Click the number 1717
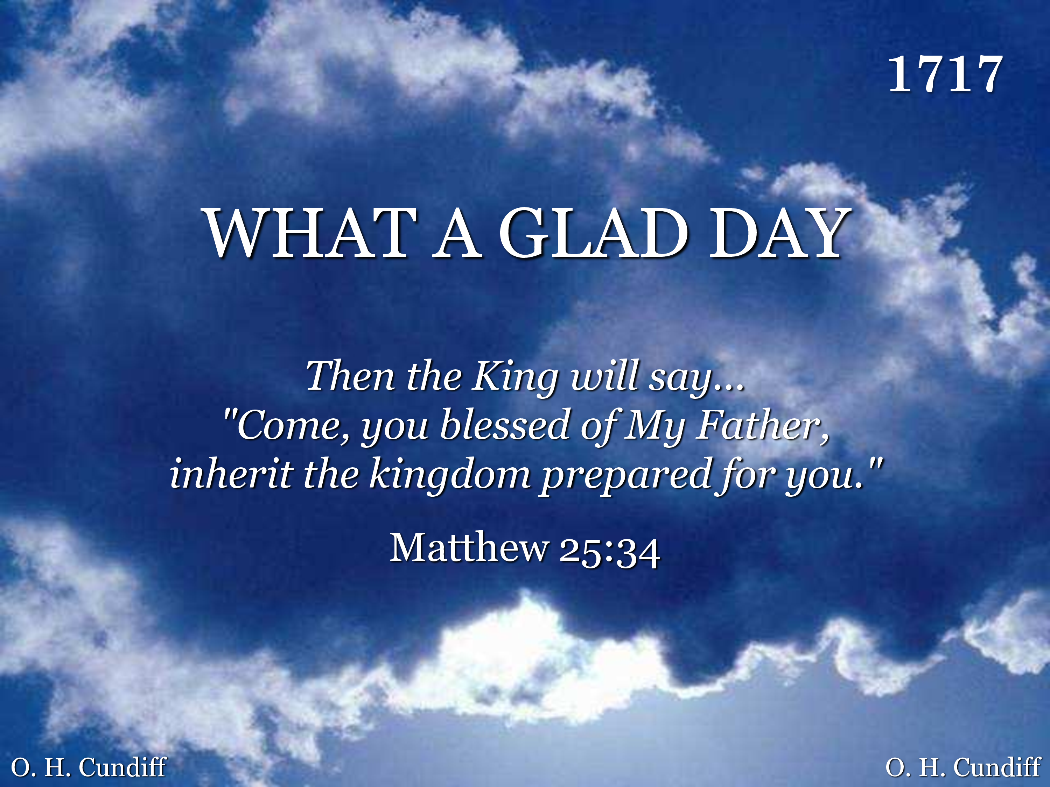point(945,74)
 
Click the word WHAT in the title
point(310,233)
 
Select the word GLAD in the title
point(593,233)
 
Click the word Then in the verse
point(350,376)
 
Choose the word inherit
point(231,473)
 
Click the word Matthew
point(469,547)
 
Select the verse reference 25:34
point(609,551)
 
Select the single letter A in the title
point(457,233)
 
